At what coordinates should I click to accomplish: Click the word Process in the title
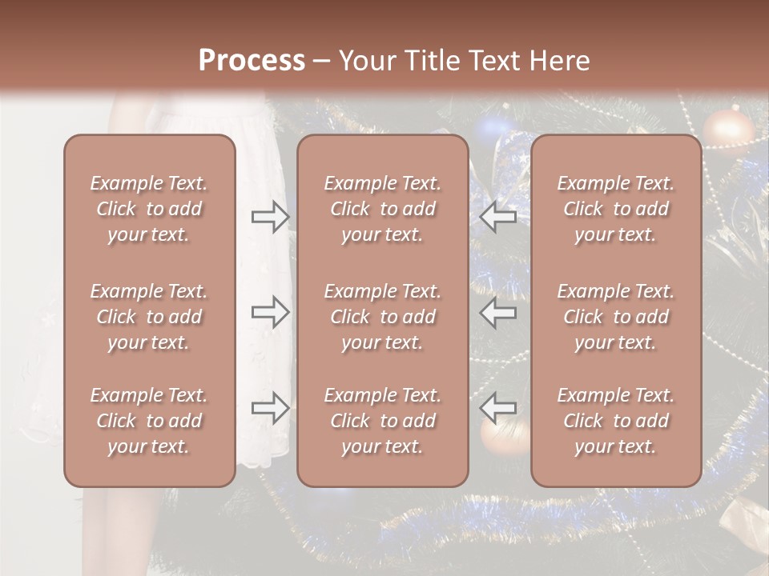pos(252,61)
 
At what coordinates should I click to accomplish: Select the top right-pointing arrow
pos(270,217)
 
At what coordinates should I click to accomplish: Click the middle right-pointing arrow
pos(270,313)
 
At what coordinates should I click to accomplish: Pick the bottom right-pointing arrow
pos(270,409)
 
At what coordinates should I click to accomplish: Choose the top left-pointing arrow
pos(498,217)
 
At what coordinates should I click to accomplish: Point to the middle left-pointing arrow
pos(498,313)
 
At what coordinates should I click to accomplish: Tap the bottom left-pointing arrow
pos(498,409)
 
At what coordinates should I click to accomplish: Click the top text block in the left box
pos(149,209)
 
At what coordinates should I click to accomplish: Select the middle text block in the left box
pos(149,317)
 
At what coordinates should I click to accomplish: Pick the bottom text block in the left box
pos(149,421)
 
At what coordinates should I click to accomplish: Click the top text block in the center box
pos(382,209)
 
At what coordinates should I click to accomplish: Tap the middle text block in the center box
pos(382,317)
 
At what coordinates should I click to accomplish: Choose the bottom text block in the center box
pos(382,421)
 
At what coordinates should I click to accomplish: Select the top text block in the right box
pos(615,209)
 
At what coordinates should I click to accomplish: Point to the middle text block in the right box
pos(615,317)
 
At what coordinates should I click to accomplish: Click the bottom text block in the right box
pos(615,421)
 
